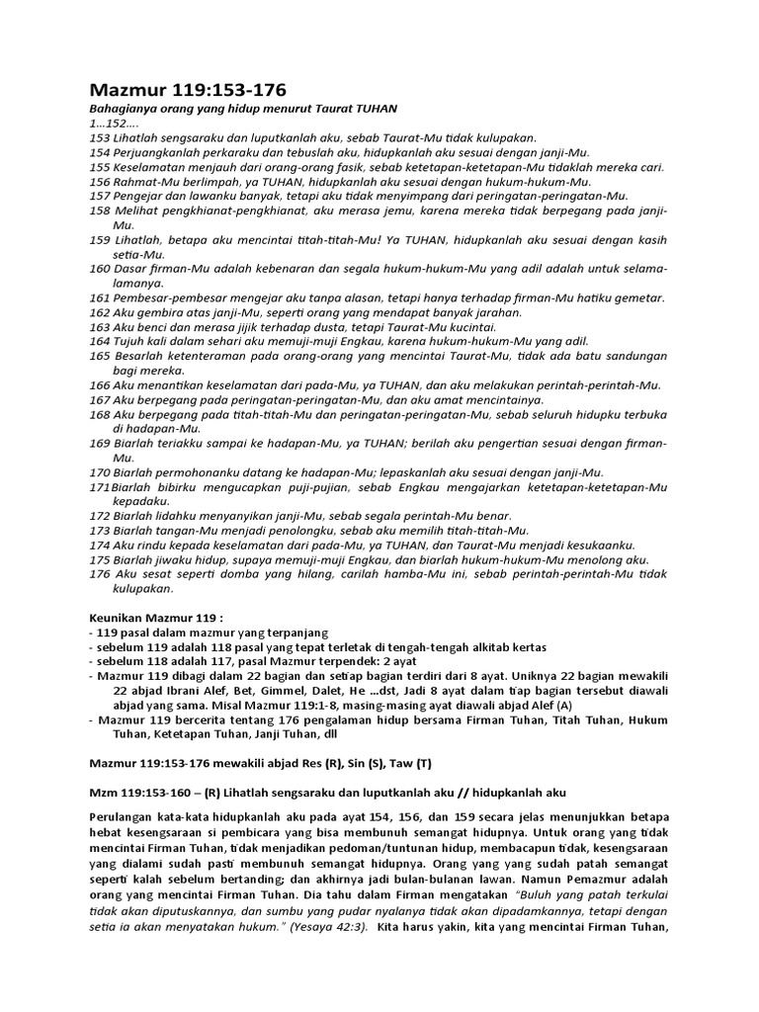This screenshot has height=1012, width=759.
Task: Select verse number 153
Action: click(101, 138)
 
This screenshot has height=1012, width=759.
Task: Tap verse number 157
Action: click(101, 196)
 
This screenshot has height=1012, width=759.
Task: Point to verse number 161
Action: click(101, 298)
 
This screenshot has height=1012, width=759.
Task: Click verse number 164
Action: click(101, 342)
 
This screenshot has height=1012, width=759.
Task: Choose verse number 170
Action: click(101, 472)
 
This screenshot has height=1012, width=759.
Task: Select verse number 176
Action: click(101, 574)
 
